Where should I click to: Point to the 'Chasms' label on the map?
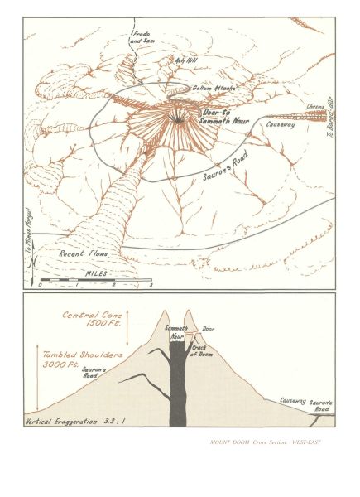[x=315, y=107]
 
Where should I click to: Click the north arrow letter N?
[x=31, y=264]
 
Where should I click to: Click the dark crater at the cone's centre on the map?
[x=178, y=121]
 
